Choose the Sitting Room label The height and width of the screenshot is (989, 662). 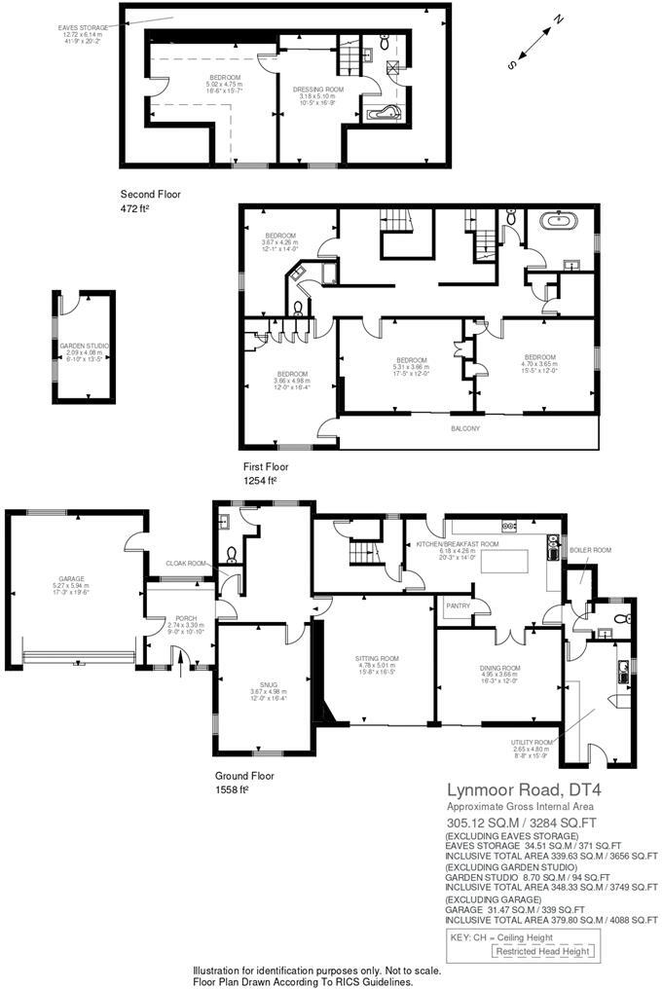click(x=377, y=659)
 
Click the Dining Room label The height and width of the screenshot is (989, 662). click(x=500, y=668)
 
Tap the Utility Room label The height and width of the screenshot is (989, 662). click(x=532, y=742)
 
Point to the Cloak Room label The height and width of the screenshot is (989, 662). click(x=186, y=564)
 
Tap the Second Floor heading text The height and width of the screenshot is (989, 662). click(x=150, y=195)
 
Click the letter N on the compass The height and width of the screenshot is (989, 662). click(x=559, y=18)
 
